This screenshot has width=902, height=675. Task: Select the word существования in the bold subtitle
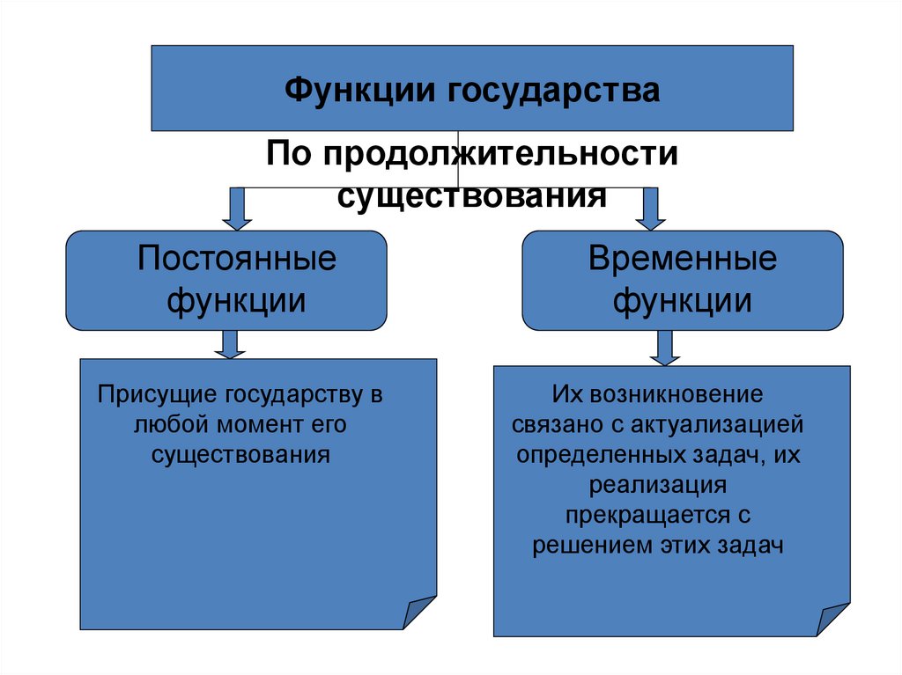click(x=472, y=194)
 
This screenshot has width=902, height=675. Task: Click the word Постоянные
click(x=237, y=260)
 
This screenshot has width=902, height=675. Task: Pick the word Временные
click(x=683, y=260)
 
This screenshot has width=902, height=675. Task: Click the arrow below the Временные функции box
click(x=664, y=348)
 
